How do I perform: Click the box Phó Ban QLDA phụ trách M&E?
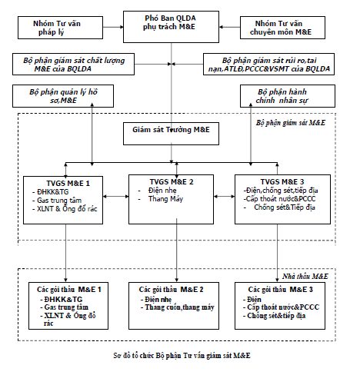171,27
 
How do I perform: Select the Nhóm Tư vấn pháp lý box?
60,28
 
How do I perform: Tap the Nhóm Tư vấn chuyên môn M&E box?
282,28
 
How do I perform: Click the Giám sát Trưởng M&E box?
171,134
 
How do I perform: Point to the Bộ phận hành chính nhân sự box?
288,96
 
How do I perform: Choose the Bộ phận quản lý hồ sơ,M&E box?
63,96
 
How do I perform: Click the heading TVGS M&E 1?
68,184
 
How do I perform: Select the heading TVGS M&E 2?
172,182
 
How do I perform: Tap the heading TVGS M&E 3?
282,182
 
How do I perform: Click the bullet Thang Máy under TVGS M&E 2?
165,199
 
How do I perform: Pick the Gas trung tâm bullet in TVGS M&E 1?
59,201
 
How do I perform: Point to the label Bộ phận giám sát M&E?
291,123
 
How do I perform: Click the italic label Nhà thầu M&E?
305,276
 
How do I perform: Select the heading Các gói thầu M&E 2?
171,290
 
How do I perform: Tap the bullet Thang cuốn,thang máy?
179,307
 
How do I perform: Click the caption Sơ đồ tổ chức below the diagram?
182,356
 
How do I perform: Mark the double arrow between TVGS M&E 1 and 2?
116,197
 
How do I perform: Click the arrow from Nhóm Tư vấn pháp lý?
113,27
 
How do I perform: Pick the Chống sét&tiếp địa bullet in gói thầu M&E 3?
276,316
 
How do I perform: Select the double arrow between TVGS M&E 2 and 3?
225,197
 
